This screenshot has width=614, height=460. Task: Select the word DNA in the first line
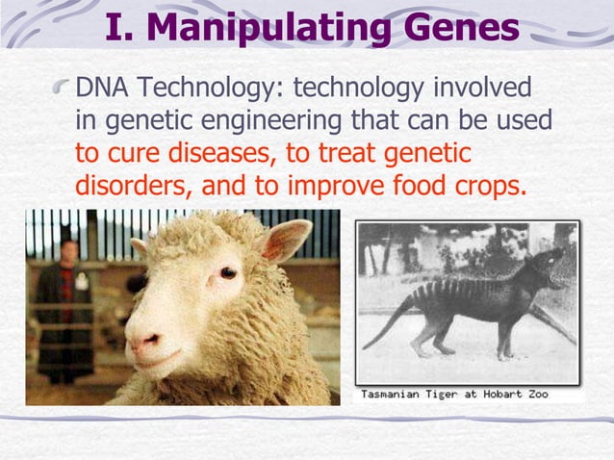[x=103, y=90]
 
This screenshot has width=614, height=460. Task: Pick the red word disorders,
[x=133, y=184]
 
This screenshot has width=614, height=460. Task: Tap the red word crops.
[x=489, y=184]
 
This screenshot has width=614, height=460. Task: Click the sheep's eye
[x=227, y=272]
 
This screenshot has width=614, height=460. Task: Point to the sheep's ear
[x=286, y=239]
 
